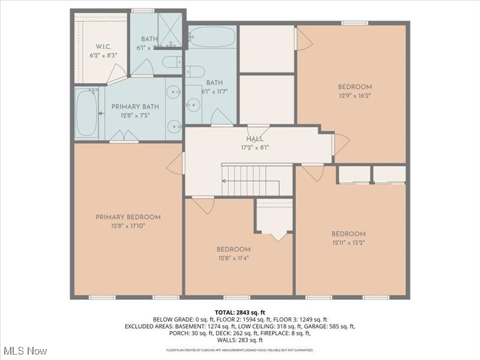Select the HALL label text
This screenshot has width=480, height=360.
coord(254,139)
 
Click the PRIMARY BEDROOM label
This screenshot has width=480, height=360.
coord(128,217)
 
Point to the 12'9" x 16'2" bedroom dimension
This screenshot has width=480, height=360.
coord(354,95)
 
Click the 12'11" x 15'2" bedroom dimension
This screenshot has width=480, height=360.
coord(349,242)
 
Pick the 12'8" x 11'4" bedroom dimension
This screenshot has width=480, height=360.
coord(233,258)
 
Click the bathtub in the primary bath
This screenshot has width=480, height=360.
coord(87,113)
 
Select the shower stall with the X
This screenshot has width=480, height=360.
coord(171,29)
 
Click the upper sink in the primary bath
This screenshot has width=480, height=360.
coord(173,92)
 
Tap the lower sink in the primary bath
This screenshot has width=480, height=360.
coord(173,126)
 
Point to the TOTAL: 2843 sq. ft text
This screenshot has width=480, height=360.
coord(239,312)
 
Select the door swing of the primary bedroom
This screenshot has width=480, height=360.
coord(175,163)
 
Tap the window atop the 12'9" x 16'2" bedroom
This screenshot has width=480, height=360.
coord(355,23)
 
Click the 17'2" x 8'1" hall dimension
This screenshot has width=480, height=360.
coord(254,146)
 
